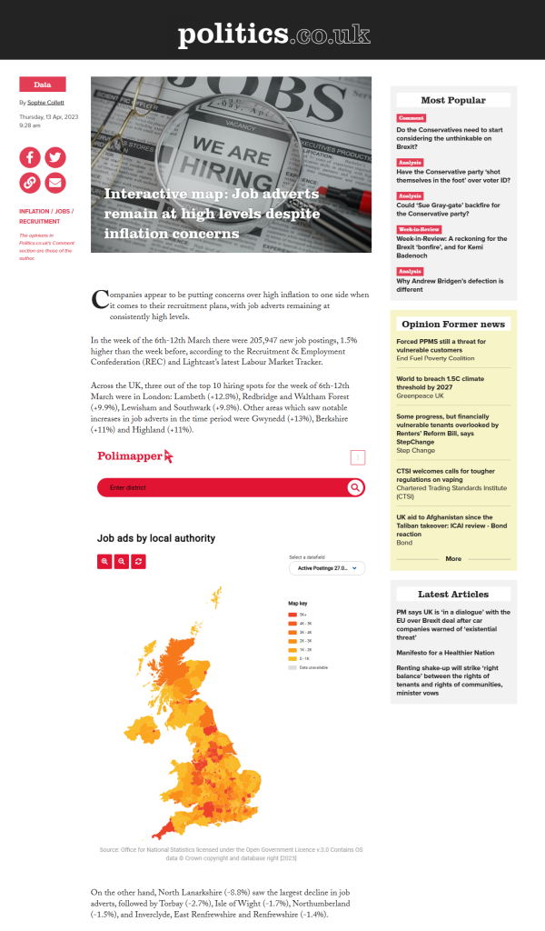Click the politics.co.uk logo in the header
tap(273, 35)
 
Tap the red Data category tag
tap(42, 85)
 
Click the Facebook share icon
tap(30, 157)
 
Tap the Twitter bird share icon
tap(55, 157)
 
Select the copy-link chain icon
tap(30, 183)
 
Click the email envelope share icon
tap(55, 183)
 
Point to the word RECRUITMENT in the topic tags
tap(40, 221)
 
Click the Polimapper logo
tap(134, 456)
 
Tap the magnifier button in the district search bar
tap(354, 488)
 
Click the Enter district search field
tap(218, 488)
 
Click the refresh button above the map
tap(138, 562)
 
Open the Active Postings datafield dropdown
tap(327, 568)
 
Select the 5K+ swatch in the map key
tap(292, 615)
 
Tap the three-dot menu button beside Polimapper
tap(358, 457)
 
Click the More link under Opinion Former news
tap(453, 559)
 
